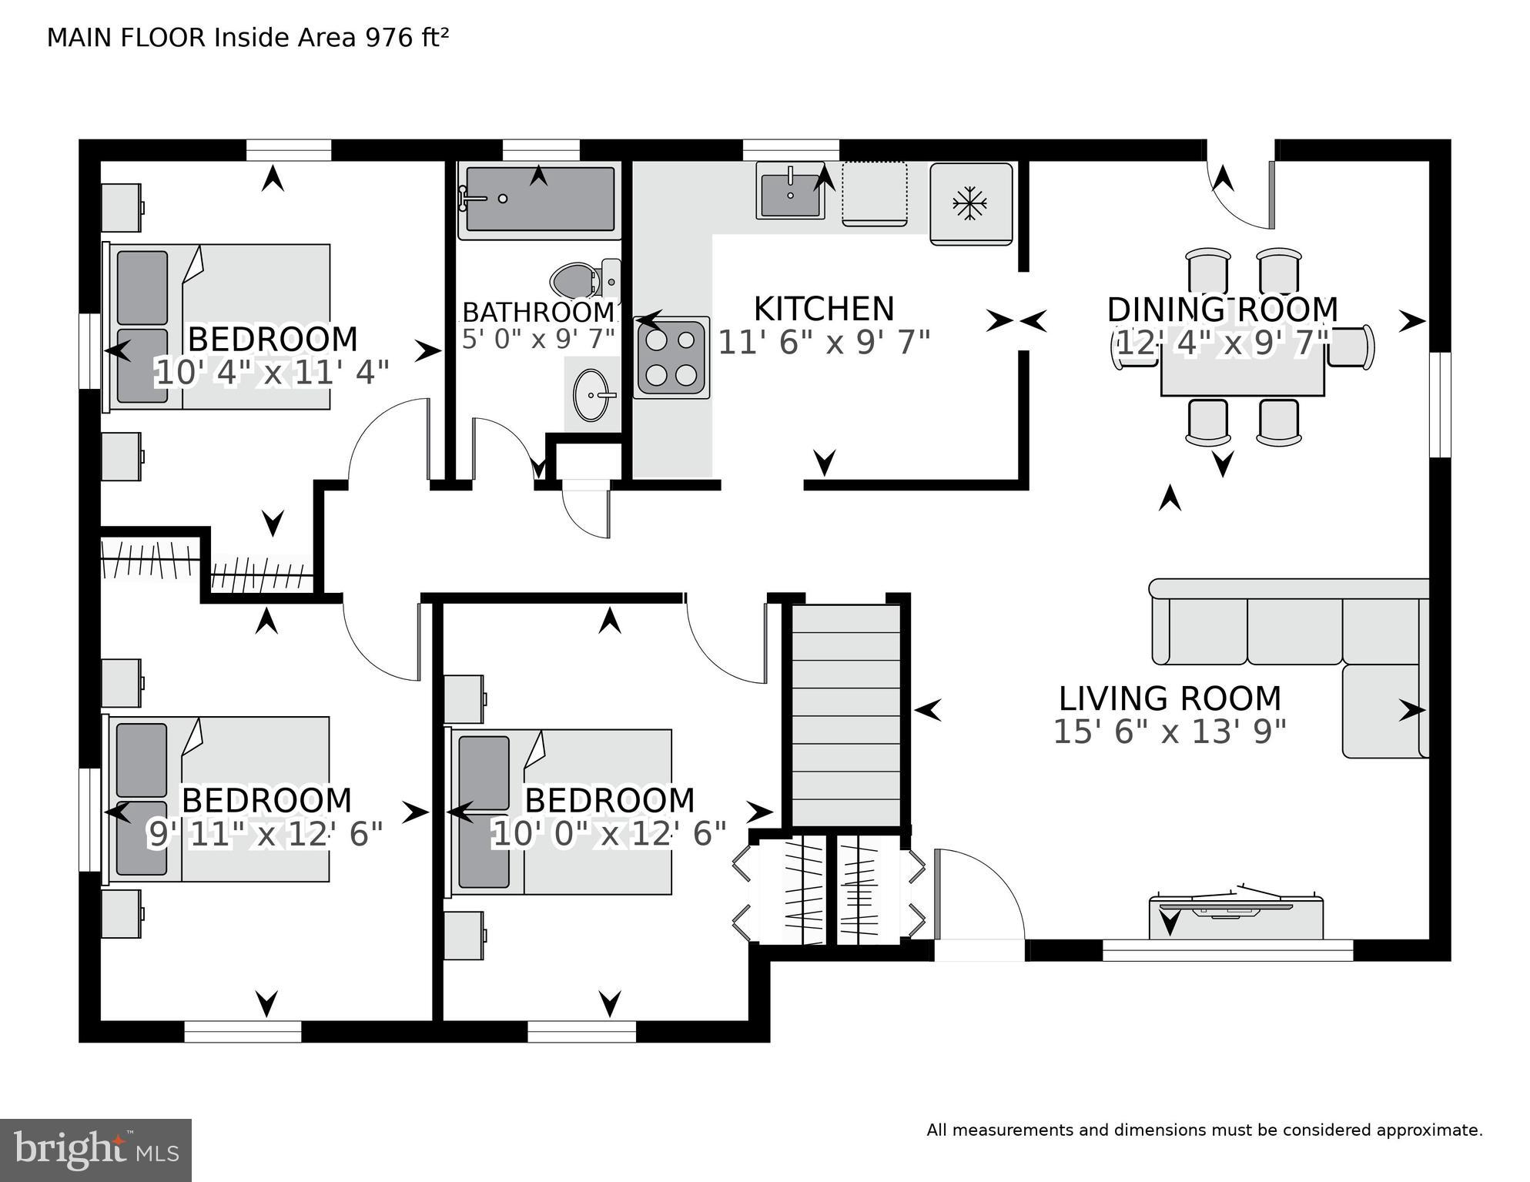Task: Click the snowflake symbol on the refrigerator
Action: pyautogui.click(x=970, y=204)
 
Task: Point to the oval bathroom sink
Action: pyautogui.click(x=591, y=395)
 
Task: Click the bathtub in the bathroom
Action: pyautogui.click(x=539, y=199)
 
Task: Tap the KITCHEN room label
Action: pyautogui.click(x=823, y=310)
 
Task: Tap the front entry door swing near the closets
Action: pyautogui.click(x=978, y=893)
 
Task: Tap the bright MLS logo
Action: pyautogui.click(x=95, y=1150)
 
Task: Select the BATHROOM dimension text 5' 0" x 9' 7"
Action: pyautogui.click(x=538, y=339)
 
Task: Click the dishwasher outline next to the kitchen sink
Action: pyautogui.click(x=874, y=193)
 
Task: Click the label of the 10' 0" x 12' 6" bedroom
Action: pyautogui.click(x=609, y=801)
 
